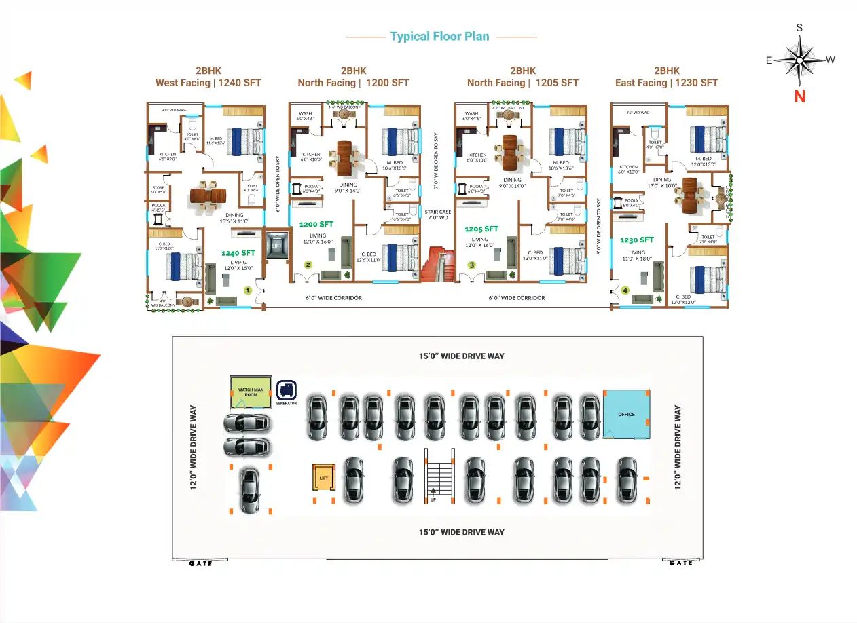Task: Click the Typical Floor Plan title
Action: [x=439, y=37]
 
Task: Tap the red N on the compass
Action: [x=799, y=96]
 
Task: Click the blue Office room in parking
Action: [x=626, y=413]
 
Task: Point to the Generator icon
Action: [x=287, y=390]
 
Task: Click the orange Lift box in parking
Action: [x=323, y=478]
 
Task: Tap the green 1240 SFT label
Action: [x=238, y=253]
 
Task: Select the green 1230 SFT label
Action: [x=636, y=240]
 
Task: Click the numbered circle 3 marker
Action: [x=471, y=265]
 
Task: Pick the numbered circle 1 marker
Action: [x=248, y=290]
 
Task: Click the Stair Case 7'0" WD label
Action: [x=438, y=214]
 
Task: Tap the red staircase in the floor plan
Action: [x=437, y=265]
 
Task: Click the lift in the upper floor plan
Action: [x=276, y=245]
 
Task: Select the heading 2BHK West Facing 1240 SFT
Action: [x=208, y=77]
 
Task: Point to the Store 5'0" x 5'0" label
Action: [x=158, y=189]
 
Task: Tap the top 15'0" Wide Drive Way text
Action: [x=462, y=356]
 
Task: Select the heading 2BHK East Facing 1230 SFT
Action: [x=666, y=77]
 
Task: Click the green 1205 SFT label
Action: [x=481, y=229]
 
